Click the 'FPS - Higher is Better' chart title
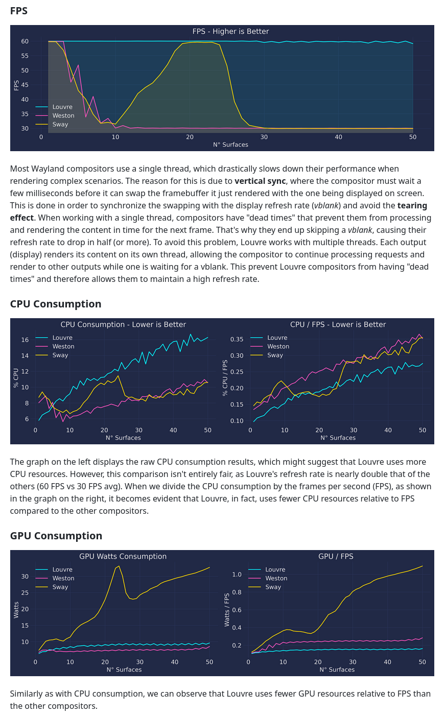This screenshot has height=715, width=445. [x=230, y=32]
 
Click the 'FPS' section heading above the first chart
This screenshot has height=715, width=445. [x=19, y=11]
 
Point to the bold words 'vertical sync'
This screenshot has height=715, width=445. [x=260, y=181]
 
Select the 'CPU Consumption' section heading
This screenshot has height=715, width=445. [x=56, y=304]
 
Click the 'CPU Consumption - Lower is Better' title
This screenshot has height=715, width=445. [x=123, y=325]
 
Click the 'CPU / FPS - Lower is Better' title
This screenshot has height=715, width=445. [x=338, y=325]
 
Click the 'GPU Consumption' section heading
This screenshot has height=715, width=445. [x=56, y=536]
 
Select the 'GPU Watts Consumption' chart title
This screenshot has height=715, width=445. [x=123, y=557]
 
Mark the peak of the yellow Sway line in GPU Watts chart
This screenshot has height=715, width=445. [x=119, y=566]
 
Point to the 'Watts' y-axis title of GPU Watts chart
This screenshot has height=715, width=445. [x=16, y=610]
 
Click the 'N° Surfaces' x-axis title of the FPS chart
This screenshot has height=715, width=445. [x=230, y=145]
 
